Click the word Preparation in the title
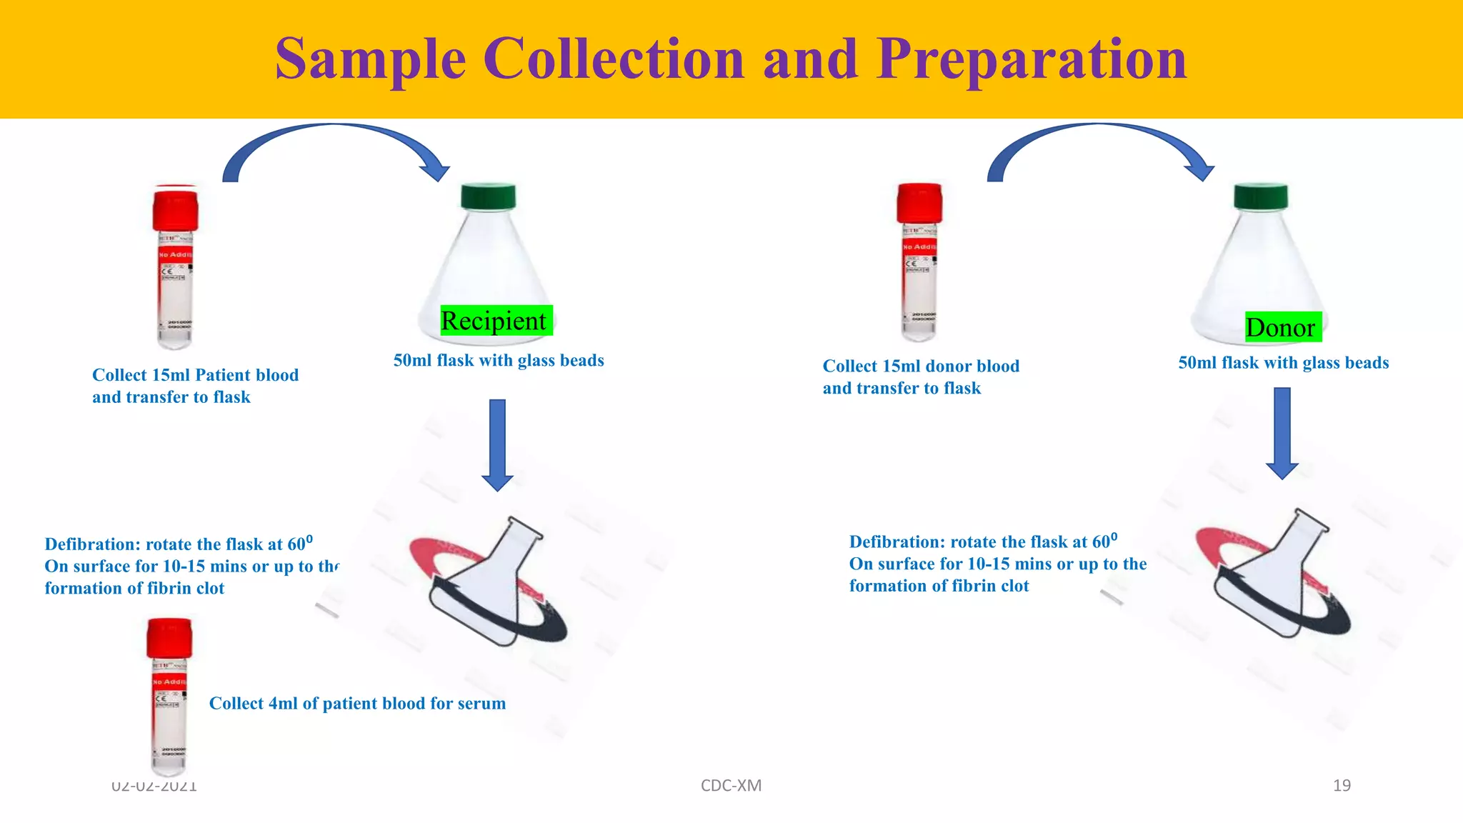point(1032,60)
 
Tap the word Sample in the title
point(370,60)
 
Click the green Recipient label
point(494,321)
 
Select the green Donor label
point(1280,327)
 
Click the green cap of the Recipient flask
point(489,196)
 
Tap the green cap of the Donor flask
point(1261,196)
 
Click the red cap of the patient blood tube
point(175,209)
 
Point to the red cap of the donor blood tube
point(919,203)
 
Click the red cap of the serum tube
point(169,637)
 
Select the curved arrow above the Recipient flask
point(336,143)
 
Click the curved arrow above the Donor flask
point(1100,143)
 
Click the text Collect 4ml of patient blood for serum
point(357,704)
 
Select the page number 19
point(1342,786)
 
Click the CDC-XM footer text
point(731,786)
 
